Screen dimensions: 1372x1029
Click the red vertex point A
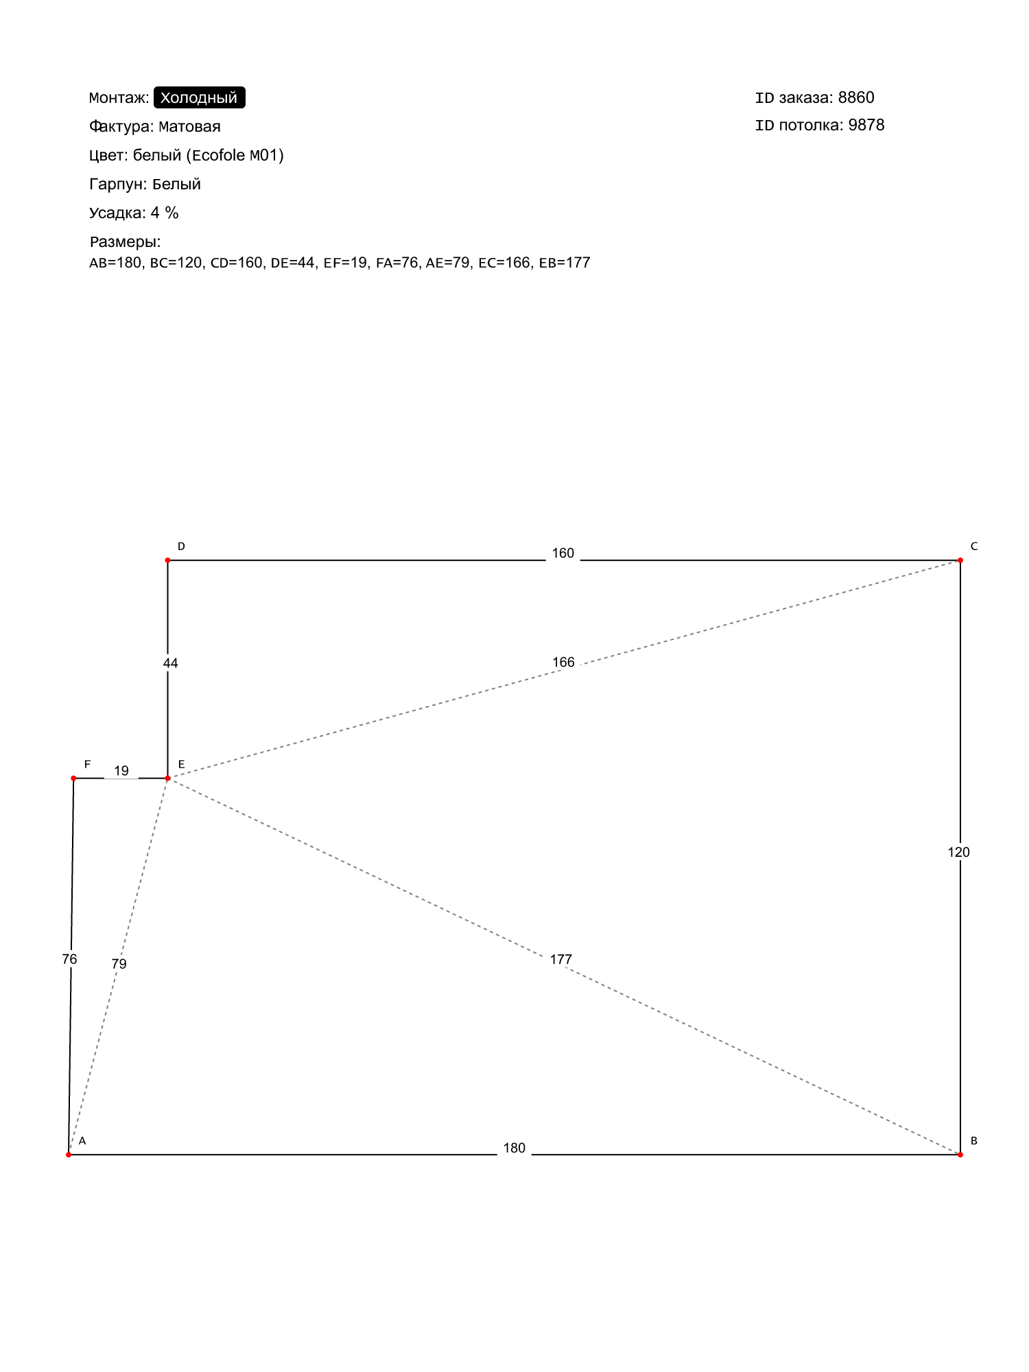pyautogui.click(x=69, y=1155)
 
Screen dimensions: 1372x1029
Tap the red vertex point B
pyautogui.click(x=960, y=1155)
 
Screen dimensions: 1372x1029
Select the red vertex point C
pyautogui.click(x=960, y=560)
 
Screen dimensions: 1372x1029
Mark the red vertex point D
pyautogui.click(x=167, y=560)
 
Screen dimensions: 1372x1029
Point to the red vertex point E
pyautogui.click(x=167, y=778)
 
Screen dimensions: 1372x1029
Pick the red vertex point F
pyautogui.click(x=73, y=778)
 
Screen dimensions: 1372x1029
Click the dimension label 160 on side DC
pyautogui.click(x=563, y=554)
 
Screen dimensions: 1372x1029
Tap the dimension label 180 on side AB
pyautogui.click(x=514, y=1148)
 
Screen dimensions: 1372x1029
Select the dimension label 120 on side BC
pyautogui.click(x=958, y=852)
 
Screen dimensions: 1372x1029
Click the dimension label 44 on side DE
pyautogui.click(x=170, y=663)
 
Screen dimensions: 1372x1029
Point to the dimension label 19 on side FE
pyautogui.click(x=121, y=771)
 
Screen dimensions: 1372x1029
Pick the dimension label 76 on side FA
pyautogui.click(x=69, y=959)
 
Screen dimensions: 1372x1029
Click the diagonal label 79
pyautogui.click(x=119, y=964)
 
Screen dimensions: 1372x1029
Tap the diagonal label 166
pyautogui.click(x=563, y=662)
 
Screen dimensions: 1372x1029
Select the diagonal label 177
pyautogui.click(x=560, y=960)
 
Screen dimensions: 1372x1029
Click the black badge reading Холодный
pyautogui.click(x=199, y=97)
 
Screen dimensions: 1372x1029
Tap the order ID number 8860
pyautogui.click(x=856, y=97)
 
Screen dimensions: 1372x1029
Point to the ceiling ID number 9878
pyautogui.click(x=866, y=125)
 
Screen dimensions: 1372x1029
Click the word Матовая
pyautogui.click(x=189, y=126)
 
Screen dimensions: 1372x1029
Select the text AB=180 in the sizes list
pyautogui.click(x=115, y=263)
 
